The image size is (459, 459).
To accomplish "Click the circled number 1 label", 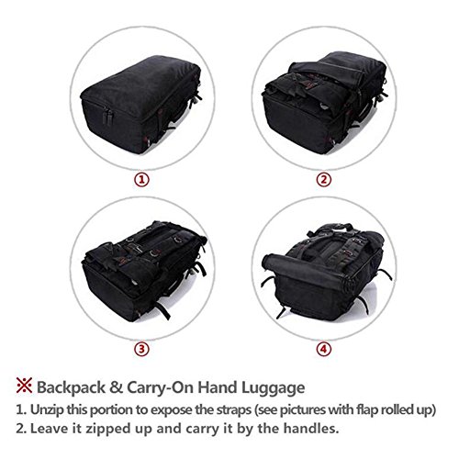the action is (x=142, y=180).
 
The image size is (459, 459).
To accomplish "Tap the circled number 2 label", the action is (x=324, y=180).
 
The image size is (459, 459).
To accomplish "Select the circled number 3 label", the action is (x=142, y=349).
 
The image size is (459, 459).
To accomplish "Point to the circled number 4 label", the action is (x=324, y=349).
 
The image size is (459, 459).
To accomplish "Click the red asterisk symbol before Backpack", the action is (x=24, y=386).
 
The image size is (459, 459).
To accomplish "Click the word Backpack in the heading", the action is (x=71, y=387).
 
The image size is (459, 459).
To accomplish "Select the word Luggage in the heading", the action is (x=274, y=388).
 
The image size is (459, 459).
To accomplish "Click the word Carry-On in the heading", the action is (x=161, y=387).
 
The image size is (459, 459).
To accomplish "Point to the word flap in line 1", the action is (x=367, y=410).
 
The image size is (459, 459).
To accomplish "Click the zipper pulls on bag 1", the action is (x=108, y=117).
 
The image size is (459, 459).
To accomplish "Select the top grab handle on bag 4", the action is (x=333, y=228).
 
